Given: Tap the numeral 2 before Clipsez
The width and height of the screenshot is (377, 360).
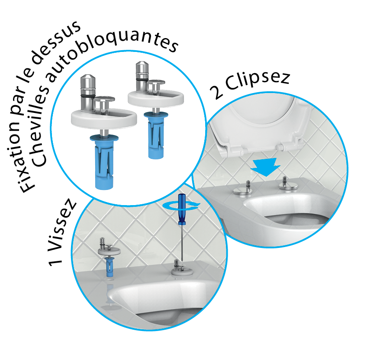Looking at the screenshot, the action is [216, 93].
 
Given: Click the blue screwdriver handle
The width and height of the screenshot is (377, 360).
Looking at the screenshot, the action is [182, 209].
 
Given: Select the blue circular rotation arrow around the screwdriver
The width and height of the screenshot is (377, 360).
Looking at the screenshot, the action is [181, 206].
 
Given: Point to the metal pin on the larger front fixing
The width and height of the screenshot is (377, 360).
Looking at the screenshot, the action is [88, 93].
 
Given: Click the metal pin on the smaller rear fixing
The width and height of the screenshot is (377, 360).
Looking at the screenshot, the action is [142, 77].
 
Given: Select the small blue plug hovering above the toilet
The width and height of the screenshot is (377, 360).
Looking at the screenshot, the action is [110, 267].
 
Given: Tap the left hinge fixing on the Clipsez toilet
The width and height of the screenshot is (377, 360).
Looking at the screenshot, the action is [243, 188].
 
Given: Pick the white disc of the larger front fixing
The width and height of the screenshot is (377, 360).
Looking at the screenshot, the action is [104, 119].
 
